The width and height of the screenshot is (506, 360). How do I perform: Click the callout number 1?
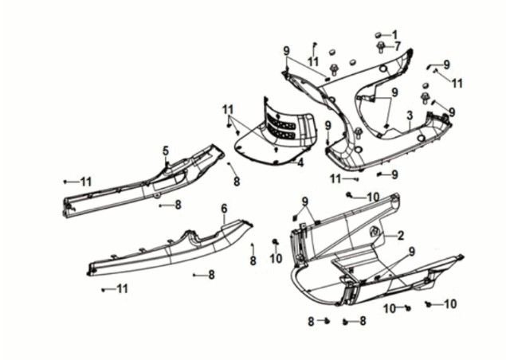pyautogui.click(x=394, y=34)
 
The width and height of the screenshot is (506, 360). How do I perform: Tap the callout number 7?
pyautogui.click(x=396, y=46)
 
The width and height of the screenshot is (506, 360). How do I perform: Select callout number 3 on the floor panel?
pyautogui.click(x=409, y=116)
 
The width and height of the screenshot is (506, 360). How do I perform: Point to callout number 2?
pyautogui.click(x=400, y=235)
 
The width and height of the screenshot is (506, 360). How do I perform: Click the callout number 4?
pyautogui.click(x=301, y=163)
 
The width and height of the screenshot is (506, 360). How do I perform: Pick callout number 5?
pyautogui.click(x=166, y=151)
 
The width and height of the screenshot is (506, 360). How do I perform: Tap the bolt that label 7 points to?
pyautogui.click(x=381, y=48)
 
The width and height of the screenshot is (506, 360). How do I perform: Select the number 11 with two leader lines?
pyautogui.click(x=229, y=108)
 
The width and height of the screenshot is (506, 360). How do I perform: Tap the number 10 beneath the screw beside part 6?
pyautogui.click(x=275, y=258)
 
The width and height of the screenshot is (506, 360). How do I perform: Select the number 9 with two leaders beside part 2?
pyautogui.click(x=304, y=200)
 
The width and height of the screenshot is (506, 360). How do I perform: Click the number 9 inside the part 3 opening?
pyautogui.click(x=394, y=94)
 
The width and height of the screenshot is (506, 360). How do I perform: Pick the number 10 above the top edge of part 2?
pyautogui.click(x=372, y=196)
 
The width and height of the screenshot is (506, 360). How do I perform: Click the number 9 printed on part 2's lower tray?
pyautogui.click(x=411, y=252)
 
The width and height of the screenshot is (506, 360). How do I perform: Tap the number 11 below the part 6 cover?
pyautogui.click(x=121, y=288)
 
